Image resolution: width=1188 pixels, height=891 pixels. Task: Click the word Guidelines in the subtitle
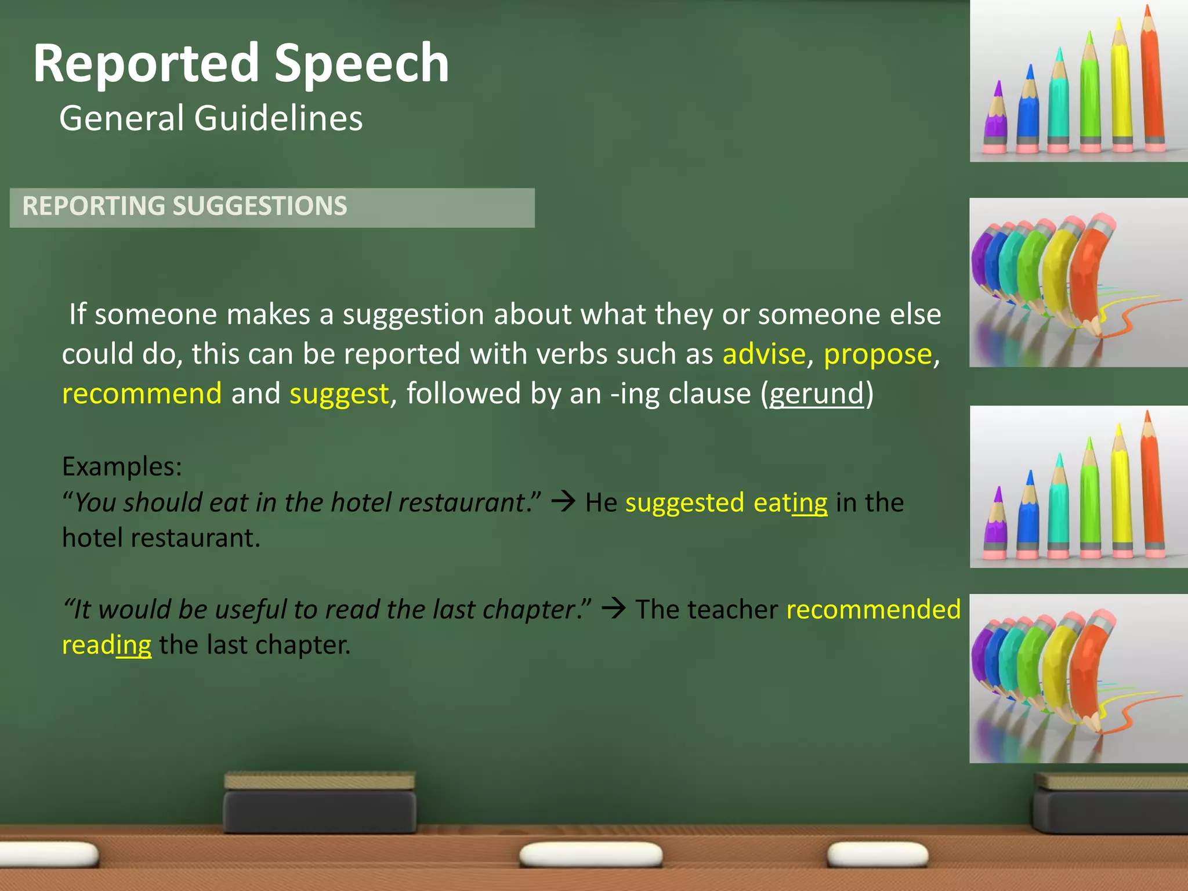pyautogui.click(x=278, y=118)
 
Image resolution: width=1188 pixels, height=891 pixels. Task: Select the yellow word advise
pyautogui.click(x=764, y=354)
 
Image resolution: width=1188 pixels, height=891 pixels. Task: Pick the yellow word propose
pyautogui.click(x=878, y=354)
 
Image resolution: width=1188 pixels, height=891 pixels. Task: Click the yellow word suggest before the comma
pyautogui.click(x=339, y=394)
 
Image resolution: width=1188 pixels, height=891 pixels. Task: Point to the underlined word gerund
pyautogui.click(x=817, y=394)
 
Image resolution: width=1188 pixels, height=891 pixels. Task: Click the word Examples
pyautogui.click(x=122, y=466)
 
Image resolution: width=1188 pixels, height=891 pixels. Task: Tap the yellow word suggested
pyautogui.click(x=684, y=502)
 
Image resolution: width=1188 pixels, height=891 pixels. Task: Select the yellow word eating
pyautogui.click(x=790, y=502)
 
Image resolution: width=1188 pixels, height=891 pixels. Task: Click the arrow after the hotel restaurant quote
pyautogui.click(x=563, y=502)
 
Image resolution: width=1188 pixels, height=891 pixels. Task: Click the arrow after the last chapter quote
pyautogui.click(x=613, y=609)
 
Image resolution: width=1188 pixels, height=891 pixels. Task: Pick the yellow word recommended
pyautogui.click(x=873, y=609)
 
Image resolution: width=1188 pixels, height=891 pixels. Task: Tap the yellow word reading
pyautogui.click(x=107, y=645)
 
